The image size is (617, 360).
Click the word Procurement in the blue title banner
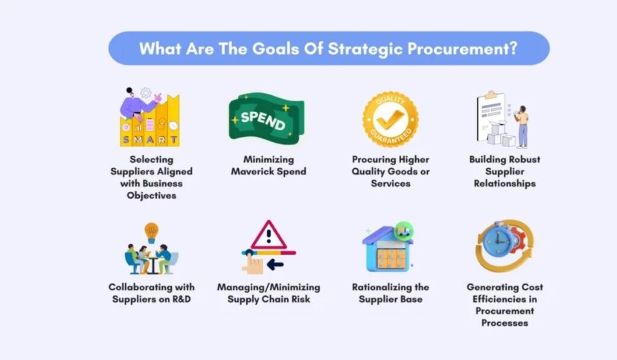[x=458, y=49]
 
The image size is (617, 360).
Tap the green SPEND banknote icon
[x=266, y=118]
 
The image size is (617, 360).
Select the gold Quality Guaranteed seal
[x=390, y=119]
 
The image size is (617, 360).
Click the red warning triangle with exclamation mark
[x=269, y=235]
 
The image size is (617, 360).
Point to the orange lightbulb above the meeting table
[x=151, y=232]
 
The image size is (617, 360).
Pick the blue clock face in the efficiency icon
[x=498, y=240]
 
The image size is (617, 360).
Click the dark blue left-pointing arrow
[x=275, y=264]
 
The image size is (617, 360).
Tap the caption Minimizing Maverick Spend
[x=269, y=165]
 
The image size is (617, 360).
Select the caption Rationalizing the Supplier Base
[x=390, y=293]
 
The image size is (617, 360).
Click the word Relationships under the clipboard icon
[x=504, y=183]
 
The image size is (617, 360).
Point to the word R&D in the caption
[x=181, y=299]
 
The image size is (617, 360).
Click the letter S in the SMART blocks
[x=126, y=139]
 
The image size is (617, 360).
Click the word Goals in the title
[x=275, y=49]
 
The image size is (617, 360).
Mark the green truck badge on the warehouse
[x=404, y=230]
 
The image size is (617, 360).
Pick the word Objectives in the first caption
[x=151, y=196]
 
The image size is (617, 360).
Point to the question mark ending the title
[x=513, y=48]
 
